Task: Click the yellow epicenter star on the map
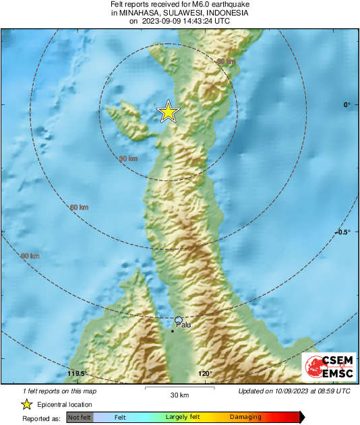coord(168,112)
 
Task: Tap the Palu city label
coord(183,325)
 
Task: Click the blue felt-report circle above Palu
coord(179,320)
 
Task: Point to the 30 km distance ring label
coord(128,159)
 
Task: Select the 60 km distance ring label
coord(80,207)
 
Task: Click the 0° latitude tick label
coord(347,104)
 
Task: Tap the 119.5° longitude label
coord(78,374)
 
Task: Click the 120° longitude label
coord(206,374)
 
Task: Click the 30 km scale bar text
coord(179,395)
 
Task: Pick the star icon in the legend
coord(26,404)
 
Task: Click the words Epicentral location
coord(66,404)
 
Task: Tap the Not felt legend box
coord(80,418)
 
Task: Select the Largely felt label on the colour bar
coord(185,418)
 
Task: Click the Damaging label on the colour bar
coord(245,418)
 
